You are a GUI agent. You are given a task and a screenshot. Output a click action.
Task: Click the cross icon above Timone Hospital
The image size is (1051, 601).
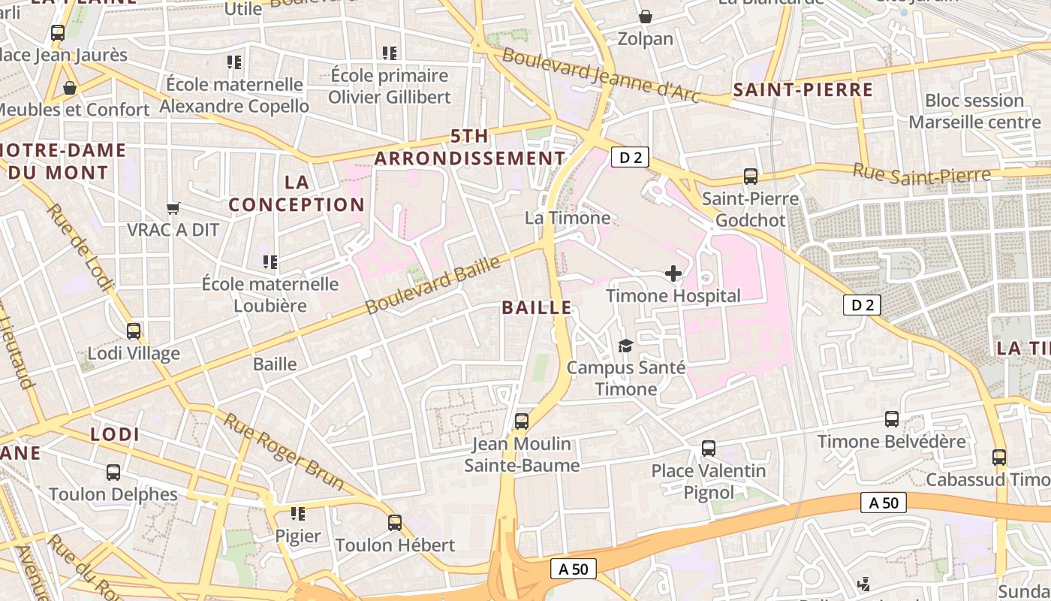point(673,273)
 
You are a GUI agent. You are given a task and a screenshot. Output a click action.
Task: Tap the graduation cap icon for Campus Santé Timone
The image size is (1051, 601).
point(625,346)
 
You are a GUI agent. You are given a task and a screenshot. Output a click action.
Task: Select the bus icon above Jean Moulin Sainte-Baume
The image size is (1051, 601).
point(522,421)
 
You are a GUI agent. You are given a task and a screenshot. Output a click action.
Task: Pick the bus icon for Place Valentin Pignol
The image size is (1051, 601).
point(708,448)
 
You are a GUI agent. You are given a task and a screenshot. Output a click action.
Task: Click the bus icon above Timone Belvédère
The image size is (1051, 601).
point(892,419)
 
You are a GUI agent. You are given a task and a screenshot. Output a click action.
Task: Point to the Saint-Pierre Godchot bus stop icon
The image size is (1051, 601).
point(750,177)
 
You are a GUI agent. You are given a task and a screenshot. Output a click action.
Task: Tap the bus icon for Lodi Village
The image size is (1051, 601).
point(134,331)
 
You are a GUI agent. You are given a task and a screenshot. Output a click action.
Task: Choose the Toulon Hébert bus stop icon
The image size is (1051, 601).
point(395,522)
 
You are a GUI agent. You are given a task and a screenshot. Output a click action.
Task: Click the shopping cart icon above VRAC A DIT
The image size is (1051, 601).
point(173,207)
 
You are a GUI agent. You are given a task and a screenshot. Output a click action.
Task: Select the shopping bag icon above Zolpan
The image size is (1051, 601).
point(645,16)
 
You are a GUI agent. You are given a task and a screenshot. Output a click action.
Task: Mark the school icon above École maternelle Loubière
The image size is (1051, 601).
point(270,262)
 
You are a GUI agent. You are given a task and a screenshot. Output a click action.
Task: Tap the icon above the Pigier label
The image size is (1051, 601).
point(298,514)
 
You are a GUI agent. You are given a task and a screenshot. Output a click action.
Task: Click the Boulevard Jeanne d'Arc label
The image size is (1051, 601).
point(601,75)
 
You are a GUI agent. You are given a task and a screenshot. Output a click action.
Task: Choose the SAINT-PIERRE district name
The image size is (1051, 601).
point(803,91)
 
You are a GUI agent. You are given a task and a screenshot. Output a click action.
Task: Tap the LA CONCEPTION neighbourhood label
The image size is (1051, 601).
point(297,193)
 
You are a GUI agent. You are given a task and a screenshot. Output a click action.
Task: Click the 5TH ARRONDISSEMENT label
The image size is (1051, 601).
point(470,147)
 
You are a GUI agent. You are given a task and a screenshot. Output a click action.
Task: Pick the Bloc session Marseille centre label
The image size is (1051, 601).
point(974,111)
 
